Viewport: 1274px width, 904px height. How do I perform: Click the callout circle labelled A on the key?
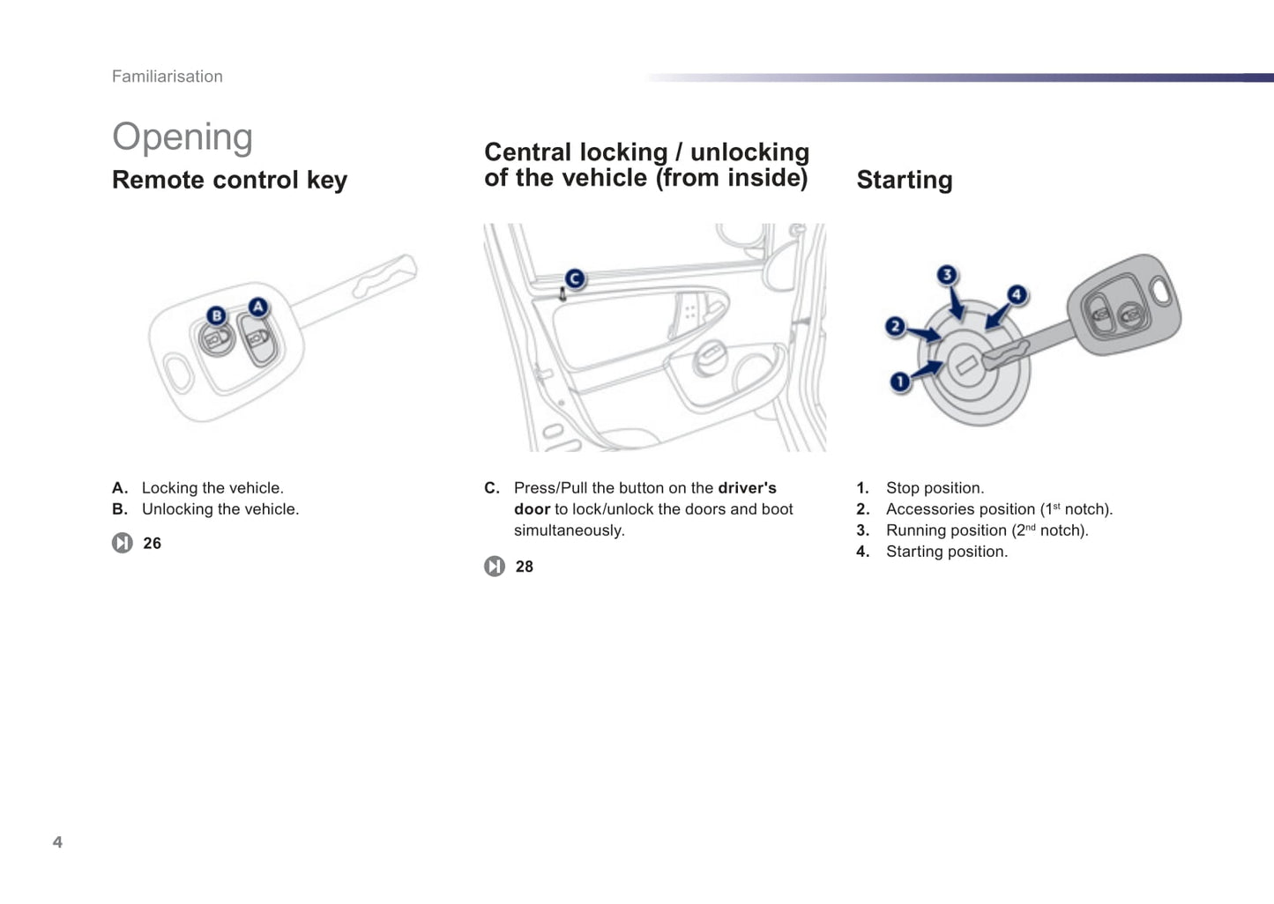coord(257,307)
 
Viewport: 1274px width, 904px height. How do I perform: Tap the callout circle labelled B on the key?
coord(216,316)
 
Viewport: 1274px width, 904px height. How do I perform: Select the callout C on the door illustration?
coord(575,279)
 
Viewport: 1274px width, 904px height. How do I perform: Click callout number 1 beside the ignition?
coord(899,382)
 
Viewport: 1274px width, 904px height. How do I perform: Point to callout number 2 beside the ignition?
coord(895,327)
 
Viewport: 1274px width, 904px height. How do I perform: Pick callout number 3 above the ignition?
coord(947,275)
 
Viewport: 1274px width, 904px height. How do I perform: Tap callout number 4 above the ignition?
coord(1017,294)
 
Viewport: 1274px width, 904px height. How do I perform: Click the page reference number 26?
coord(153,544)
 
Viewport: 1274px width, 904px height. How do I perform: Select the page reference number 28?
coord(525,567)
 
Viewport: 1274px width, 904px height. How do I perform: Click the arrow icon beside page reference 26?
coord(123,543)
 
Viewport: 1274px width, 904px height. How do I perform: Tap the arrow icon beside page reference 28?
coord(495,567)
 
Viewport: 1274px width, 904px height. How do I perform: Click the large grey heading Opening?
coord(183,137)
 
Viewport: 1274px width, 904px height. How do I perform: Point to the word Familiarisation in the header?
coord(168,77)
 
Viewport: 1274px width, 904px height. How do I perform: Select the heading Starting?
coord(905,180)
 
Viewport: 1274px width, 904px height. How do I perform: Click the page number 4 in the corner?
coord(57,842)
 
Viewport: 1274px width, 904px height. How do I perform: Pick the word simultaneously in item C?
coord(569,530)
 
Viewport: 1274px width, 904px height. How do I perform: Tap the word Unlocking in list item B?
coord(177,509)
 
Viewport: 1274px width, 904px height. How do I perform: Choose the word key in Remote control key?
coord(327,181)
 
